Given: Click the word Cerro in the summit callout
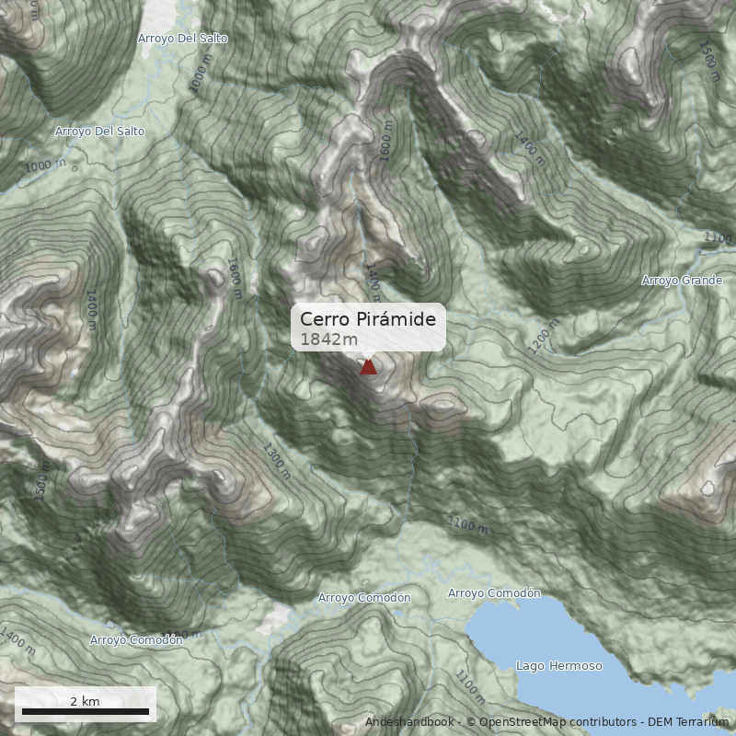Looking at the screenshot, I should [325, 318].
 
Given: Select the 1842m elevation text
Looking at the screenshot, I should [328, 339].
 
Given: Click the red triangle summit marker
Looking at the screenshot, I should [368, 367].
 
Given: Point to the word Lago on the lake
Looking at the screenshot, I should [530, 665].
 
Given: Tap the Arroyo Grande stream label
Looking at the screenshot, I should [682, 280].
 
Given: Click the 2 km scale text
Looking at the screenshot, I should [85, 701].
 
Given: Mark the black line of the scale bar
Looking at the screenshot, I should [85, 712].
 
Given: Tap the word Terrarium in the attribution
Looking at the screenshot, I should [698, 721].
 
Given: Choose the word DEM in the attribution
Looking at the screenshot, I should [661, 721].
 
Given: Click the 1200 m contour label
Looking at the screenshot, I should [544, 339].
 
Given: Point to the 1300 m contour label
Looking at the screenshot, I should [276, 462].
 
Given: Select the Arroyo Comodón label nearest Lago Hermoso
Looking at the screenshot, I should [494, 592].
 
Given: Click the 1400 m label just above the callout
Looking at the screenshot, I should [374, 280].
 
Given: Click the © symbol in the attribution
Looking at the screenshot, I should [470, 721].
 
